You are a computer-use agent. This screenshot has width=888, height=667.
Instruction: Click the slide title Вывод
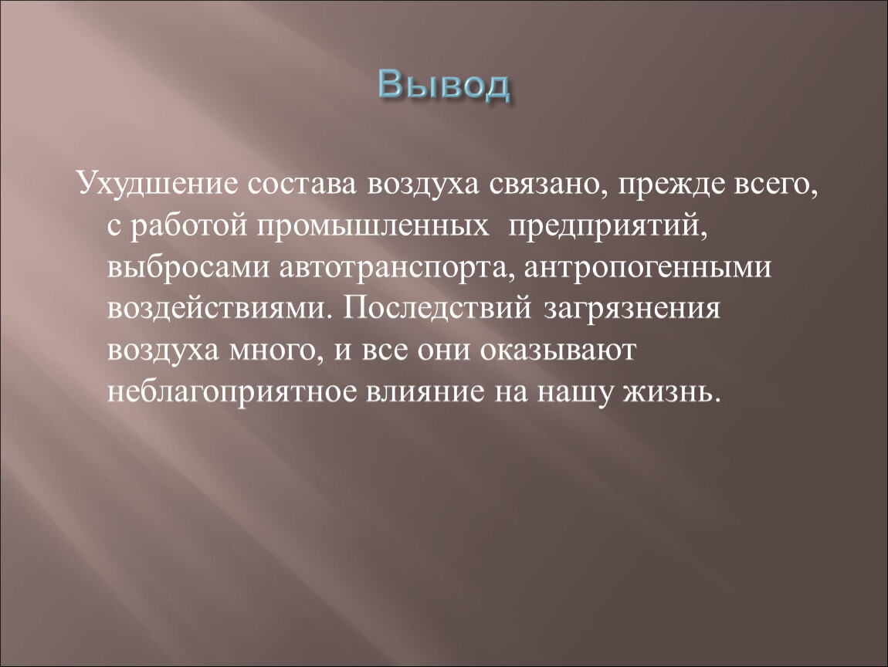coord(444,86)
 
